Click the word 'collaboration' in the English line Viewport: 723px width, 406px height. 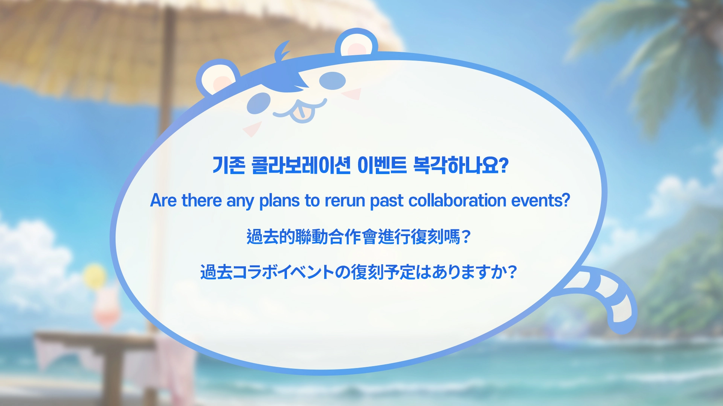(x=457, y=201)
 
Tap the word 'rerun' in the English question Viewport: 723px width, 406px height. (x=345, y=201)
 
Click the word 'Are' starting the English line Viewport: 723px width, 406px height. (x=163, y=201)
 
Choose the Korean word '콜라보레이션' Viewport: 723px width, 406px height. (x=301, y=165)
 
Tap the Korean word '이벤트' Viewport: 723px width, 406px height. (x=382, y=165)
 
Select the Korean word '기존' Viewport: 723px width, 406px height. (x=229, y=165)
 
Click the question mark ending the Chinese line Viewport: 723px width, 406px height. (x=466, y=237)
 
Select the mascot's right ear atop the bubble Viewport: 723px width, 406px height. (x=356, y=44)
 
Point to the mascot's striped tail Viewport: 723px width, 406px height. (x=606, y=297)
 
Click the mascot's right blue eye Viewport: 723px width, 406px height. (x=333, y=80)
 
